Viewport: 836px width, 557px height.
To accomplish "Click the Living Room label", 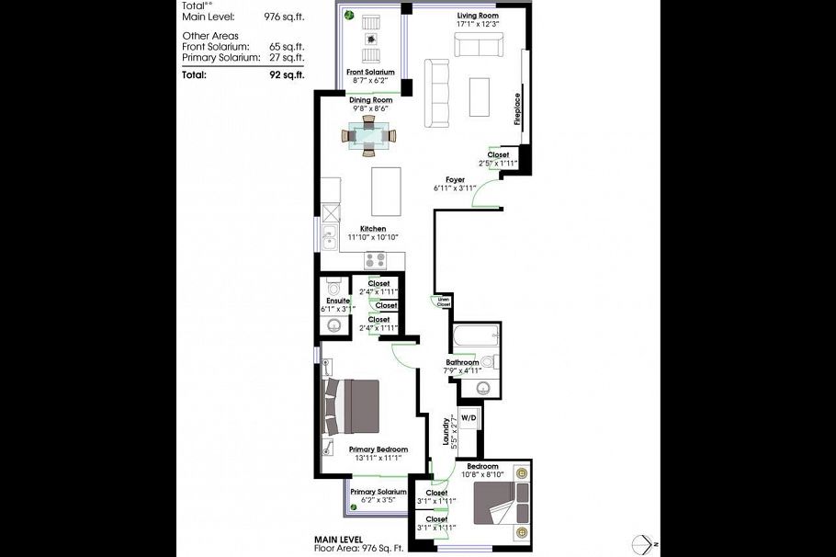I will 478,17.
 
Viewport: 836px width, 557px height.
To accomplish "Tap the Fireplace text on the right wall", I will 517,108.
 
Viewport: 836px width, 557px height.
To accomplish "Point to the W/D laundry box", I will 469,418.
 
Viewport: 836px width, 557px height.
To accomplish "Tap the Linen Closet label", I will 442,301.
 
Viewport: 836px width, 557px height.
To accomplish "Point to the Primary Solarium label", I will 378,492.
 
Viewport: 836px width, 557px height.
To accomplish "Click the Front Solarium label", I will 370,72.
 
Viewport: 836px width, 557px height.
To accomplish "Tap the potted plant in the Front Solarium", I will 349,15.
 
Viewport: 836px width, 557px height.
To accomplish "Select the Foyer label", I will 455,180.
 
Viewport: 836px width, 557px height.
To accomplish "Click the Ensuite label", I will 336,301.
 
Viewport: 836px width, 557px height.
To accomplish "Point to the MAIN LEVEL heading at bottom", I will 338,539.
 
